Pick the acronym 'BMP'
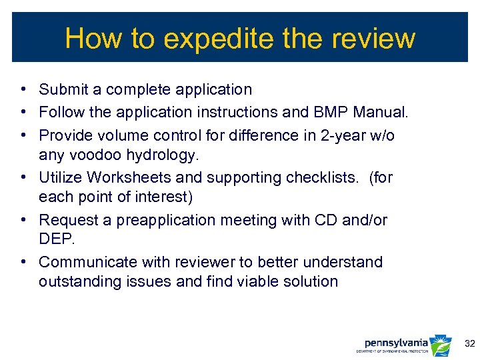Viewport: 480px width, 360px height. point(330,112)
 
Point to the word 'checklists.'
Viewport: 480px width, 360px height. point(317,177)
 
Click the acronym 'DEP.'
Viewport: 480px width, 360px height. point(55,239)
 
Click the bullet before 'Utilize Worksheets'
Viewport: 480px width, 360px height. point(23,177)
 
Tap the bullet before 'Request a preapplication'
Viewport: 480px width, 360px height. point(23,220)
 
